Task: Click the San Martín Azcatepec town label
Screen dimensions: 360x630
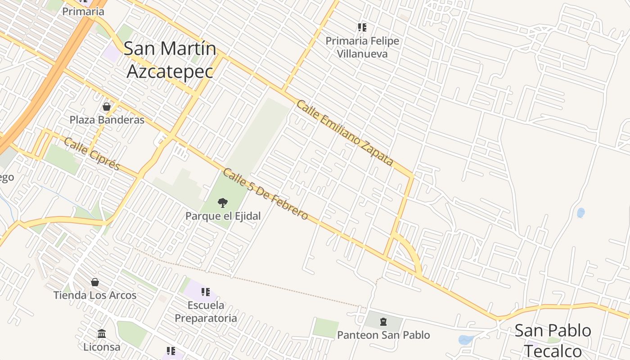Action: coord(170,60)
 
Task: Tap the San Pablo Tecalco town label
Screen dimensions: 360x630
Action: coord(553,340)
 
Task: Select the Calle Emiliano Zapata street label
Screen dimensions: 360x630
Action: coord(345,133)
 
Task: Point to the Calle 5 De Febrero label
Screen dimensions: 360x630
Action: coord(265,194)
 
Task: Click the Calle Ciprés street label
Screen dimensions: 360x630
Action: coord(92,154)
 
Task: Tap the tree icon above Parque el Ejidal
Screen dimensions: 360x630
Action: coord(223,203)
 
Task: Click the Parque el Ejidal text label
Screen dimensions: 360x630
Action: coord(223,216)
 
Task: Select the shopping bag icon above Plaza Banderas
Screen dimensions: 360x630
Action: coord(107,107)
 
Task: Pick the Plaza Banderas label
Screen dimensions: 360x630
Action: coord(107,120)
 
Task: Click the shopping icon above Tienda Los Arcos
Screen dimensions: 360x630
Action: coord(95,282)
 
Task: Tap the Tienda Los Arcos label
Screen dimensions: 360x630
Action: coord(95,295)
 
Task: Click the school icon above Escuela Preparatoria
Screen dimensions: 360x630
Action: coord(206,292)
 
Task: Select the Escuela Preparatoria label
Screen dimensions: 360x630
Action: coord(206,311)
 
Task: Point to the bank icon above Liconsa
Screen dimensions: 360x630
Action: coord(102,334)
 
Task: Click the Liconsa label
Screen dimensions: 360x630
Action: coord(102,347)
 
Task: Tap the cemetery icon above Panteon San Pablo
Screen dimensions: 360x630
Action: coord(383,322)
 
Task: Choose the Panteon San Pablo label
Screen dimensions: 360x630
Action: coord(383,335)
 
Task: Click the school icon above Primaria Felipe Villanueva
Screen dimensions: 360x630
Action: coord(362,27)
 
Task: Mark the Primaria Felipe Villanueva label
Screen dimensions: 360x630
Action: coord(362,47)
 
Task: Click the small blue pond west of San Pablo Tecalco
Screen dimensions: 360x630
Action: coord(465,340)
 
